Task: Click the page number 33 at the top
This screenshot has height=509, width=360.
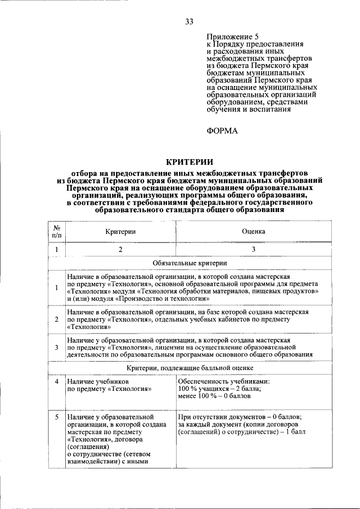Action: (189, 22)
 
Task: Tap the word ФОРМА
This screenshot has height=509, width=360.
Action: (223, 130)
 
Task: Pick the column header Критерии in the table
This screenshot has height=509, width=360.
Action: (120, 231)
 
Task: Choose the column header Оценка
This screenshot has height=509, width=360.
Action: (254, 231)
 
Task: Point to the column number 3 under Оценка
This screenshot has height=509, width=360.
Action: (254, 249)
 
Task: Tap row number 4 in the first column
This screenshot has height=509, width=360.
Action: (57, 381)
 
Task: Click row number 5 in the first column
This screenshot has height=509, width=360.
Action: (57, 417)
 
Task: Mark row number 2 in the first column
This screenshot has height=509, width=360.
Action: (57, 319)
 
